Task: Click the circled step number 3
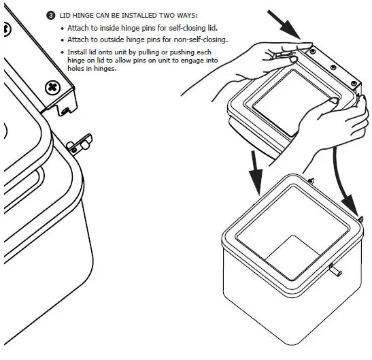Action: (50, 16)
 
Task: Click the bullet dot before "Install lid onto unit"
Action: (63, 52)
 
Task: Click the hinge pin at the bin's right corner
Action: (362, 218)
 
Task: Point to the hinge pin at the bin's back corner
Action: (310, 180)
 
